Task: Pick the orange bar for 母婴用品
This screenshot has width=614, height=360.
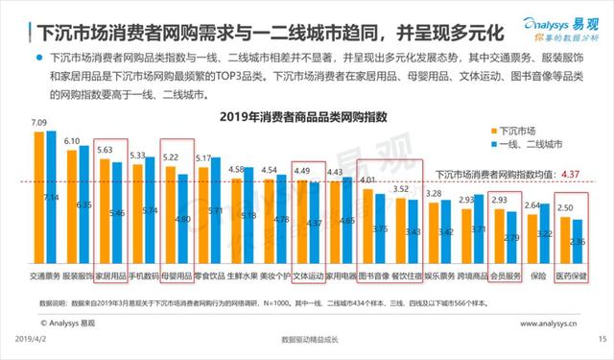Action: click(171, 216)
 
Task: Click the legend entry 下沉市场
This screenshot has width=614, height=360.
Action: click(522, 127)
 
